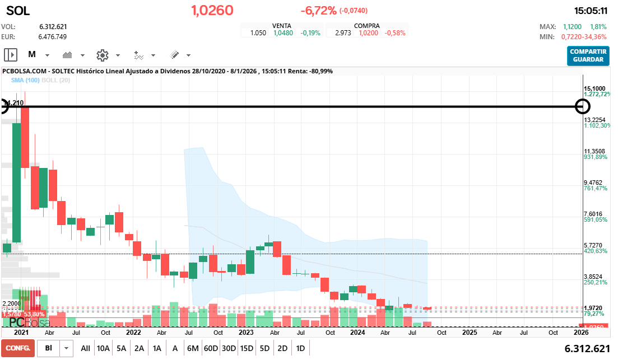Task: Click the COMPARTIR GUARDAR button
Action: (588, 55)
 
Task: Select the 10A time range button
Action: (103, 348)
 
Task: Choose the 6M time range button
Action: (193, 348)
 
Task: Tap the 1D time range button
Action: (300, 348)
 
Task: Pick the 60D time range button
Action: (211, 348)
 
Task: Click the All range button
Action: (85, 348)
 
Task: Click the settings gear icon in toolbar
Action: (102, 55)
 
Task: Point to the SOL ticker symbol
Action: (18, 11)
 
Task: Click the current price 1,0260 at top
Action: (212, 11)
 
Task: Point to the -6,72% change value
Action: (318, 11)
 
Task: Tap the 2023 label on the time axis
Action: (246, 332)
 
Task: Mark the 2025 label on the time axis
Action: (470, 332)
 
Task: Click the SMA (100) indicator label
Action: (25, 81)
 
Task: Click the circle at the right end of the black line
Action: (583, 106)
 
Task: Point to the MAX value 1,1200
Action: (572, 26)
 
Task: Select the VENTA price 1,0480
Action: (283, 33)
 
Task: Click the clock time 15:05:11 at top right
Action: (591, 11)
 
